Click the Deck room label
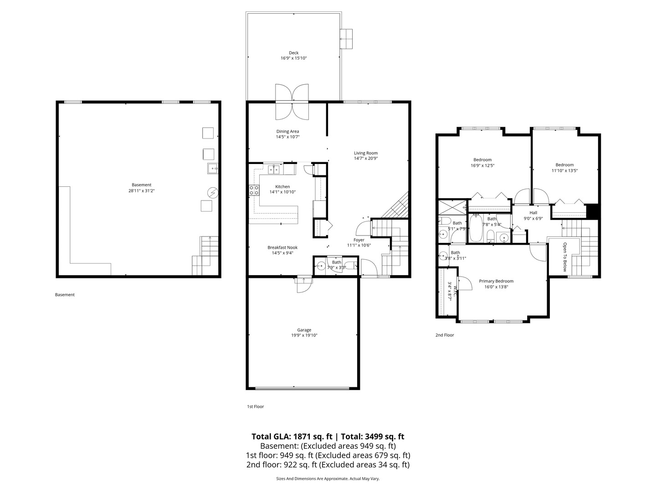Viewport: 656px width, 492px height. click(x=293, y=53)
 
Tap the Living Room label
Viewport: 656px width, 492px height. click(x=365, y=153)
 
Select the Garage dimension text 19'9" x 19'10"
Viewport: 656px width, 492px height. click(x=304, y=335)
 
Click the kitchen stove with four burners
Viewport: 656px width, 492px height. click(x=254, y=190)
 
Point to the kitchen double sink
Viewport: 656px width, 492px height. click(x=273, y=169)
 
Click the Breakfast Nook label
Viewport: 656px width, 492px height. click(x=282, y=247)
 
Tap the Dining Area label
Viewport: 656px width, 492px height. click(x=287, y=131)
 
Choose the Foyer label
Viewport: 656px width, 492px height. click(x=359, y=240)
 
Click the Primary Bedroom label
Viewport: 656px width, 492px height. click(x=496, y=281)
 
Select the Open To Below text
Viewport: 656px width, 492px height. click(x=565, y=256)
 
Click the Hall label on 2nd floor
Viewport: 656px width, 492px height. click(x=533, y=213)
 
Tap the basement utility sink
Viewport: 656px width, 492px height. click(x=213, y=169)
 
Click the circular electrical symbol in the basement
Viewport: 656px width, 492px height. click(x=212, y=193)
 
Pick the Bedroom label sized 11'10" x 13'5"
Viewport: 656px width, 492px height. click(x=564, y=165)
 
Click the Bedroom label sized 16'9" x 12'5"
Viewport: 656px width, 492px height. click(x=482, y=160)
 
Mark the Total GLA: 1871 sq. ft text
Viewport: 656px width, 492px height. click(x=292, y=436)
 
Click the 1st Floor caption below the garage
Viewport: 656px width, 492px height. click(x=256, y=406)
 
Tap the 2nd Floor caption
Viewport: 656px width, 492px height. click(x=445, y=335)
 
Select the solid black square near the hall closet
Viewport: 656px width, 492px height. click(x=592, y=211)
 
